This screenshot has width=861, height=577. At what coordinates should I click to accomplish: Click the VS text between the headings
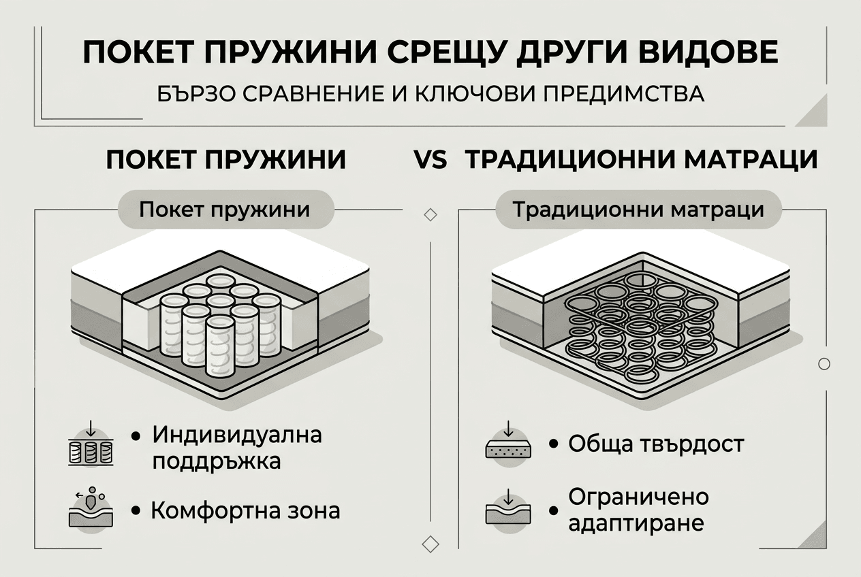(430, 161)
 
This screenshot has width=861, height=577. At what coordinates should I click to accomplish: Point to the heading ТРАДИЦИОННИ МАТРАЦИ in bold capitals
(641, 161)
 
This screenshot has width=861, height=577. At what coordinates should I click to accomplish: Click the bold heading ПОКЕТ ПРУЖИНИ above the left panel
(227, 161)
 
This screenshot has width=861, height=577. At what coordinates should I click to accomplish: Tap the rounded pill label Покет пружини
(225, 208)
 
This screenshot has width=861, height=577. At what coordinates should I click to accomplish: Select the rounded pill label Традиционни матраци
(638, 208)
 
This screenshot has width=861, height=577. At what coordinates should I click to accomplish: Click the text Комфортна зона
(245, 510)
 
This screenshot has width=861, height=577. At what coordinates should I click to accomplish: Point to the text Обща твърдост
(656, 445)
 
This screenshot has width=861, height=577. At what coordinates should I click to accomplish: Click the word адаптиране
(636, 525)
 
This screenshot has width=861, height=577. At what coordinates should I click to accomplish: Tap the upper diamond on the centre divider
(430, 215)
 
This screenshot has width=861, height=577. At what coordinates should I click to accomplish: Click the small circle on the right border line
(824, 364)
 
